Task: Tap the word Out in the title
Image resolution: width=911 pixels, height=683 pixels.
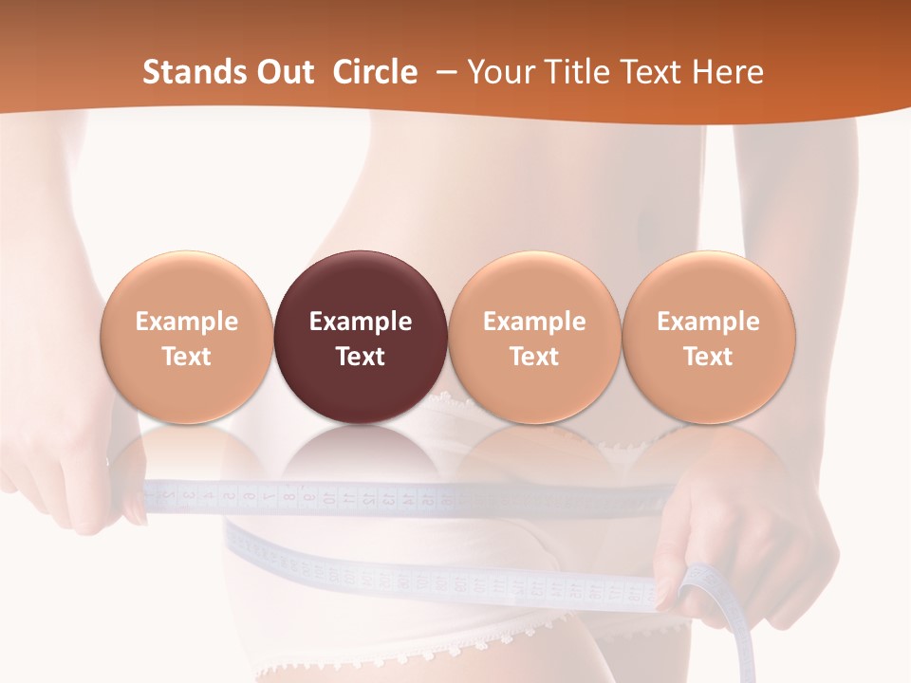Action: click(x=282, y=72)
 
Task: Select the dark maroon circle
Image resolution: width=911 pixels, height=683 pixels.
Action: click(x=360, y=336)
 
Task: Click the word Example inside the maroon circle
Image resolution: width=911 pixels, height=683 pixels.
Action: click(x=360, y=322)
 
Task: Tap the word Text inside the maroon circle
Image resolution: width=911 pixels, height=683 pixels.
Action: click(x=360, y=357)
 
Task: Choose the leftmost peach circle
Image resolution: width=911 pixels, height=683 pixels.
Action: click(x=186, y=336)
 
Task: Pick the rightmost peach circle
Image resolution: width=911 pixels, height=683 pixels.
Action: click(x=708, y=336)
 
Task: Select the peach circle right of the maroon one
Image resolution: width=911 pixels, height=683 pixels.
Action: click(x=534, y=336)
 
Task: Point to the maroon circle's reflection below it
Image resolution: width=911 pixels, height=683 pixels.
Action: click(x=360, y=455)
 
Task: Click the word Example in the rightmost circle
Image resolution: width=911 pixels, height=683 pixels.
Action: click(x=708, y=322)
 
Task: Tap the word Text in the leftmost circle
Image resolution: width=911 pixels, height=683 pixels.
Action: click(x=186, y=357)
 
